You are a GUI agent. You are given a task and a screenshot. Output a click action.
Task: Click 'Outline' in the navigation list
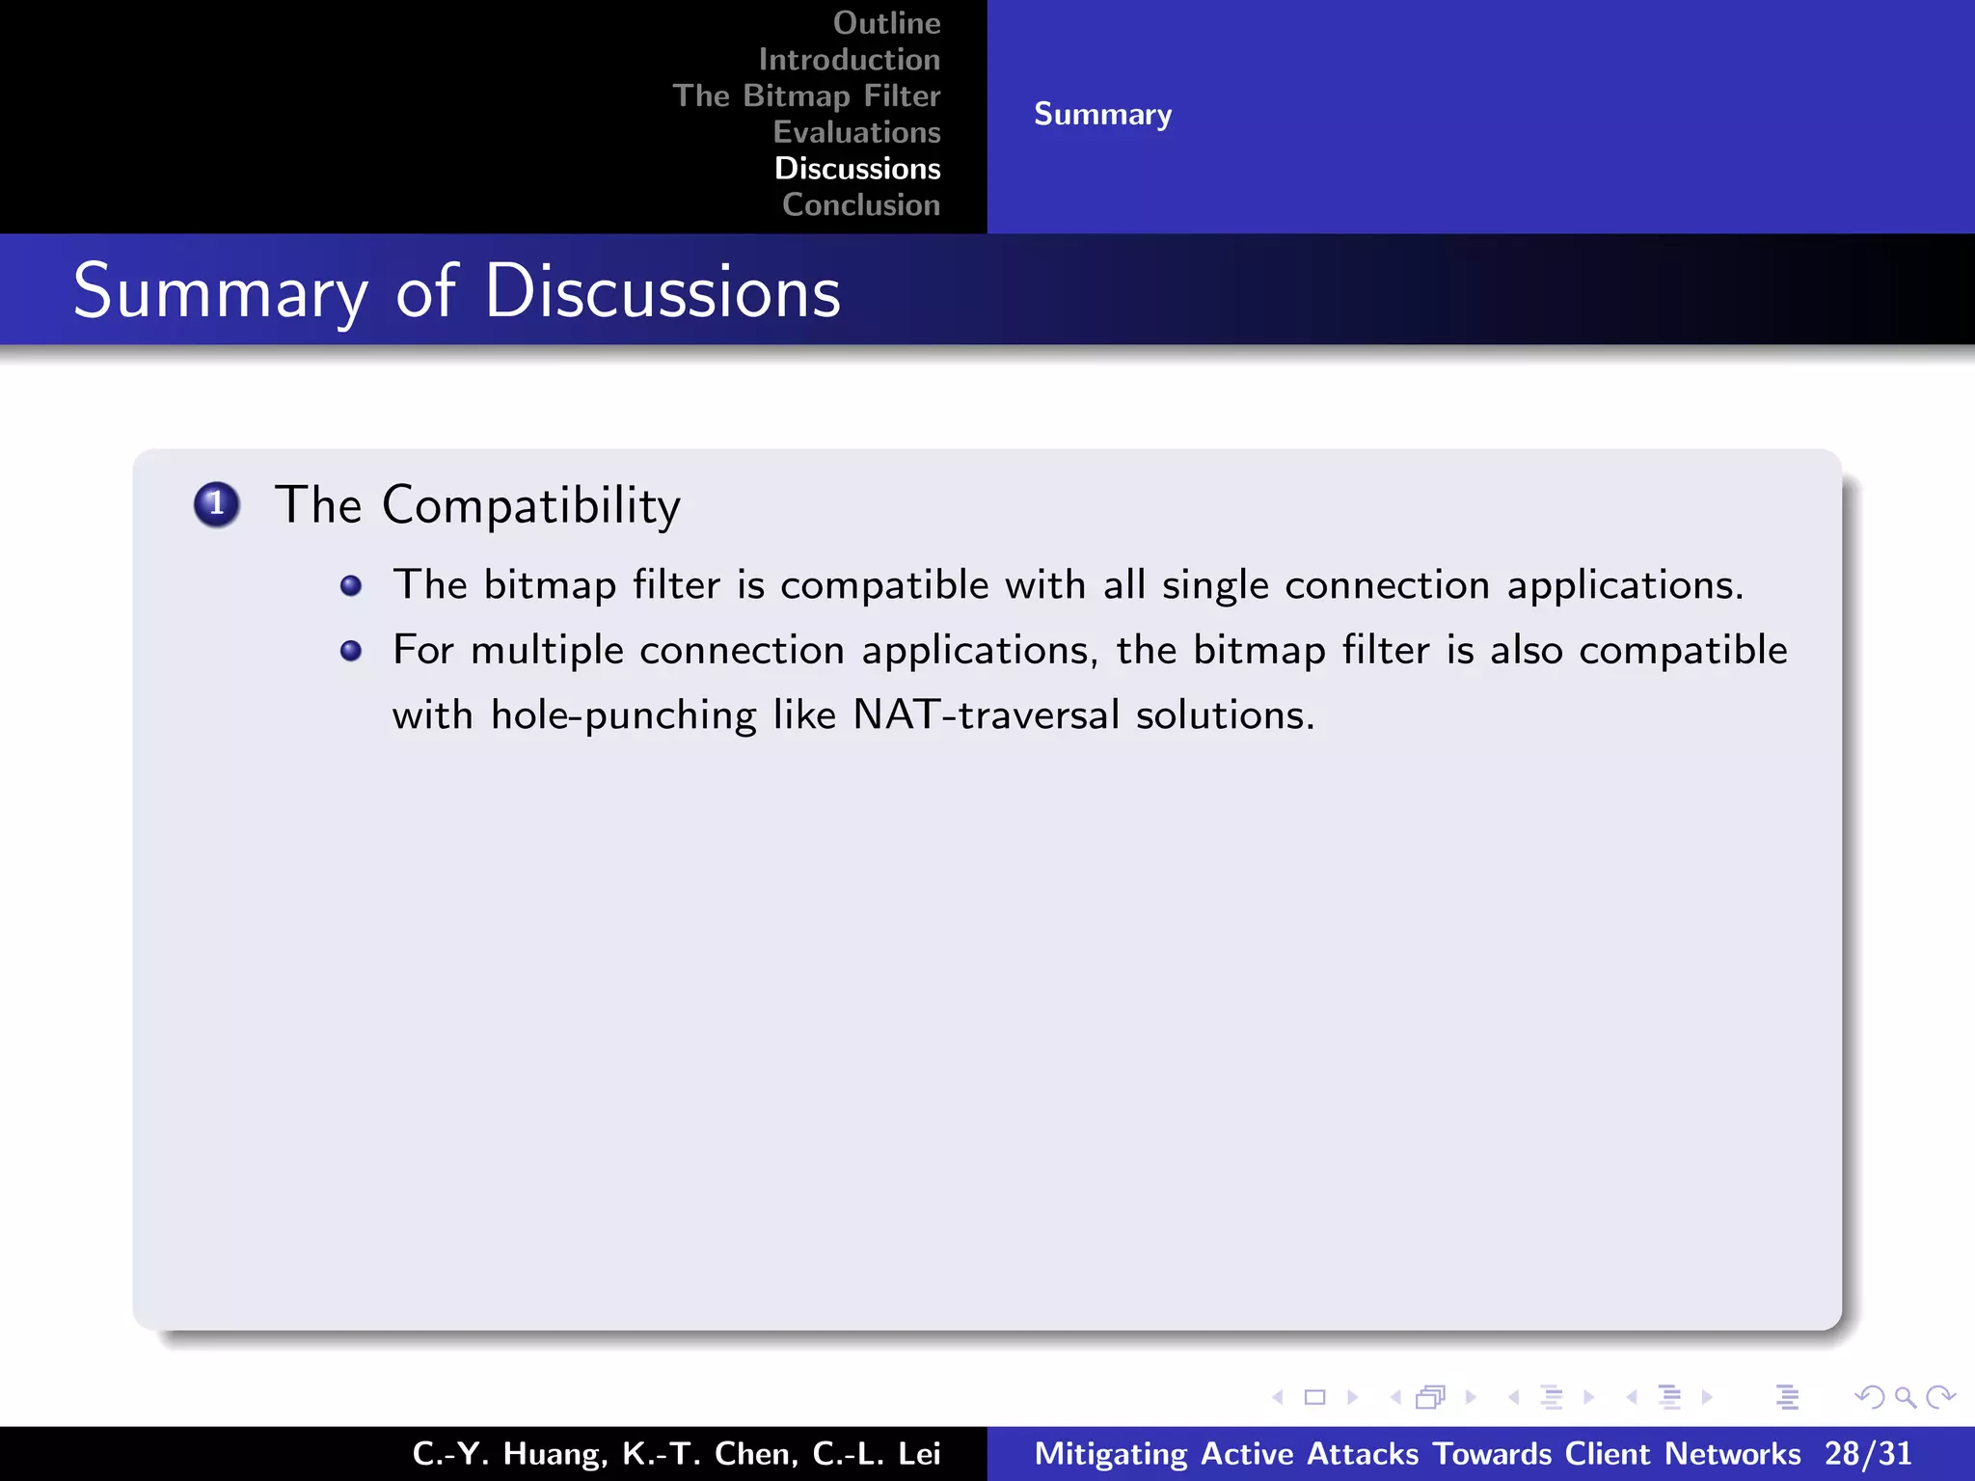(886, 23)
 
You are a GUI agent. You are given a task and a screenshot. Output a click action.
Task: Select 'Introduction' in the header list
(849, 60)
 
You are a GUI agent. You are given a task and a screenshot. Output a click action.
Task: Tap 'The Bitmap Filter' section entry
(806, 95)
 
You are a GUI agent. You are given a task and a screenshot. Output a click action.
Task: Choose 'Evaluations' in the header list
(856, 132)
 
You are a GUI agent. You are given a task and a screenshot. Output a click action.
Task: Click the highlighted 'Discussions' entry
(857, 169)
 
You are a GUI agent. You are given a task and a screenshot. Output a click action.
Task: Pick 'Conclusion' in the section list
(861, 204)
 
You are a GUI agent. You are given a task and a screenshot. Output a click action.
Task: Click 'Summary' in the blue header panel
(1102, 114)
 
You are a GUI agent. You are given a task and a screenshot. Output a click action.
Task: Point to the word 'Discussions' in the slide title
(663, 291)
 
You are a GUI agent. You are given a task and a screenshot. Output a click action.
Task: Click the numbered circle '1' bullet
(217, 504)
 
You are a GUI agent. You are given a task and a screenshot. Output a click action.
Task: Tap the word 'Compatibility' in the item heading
(531, 505)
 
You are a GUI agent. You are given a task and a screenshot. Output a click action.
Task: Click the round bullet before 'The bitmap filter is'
(351, 586)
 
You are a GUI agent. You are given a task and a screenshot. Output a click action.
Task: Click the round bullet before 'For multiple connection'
(351, 651)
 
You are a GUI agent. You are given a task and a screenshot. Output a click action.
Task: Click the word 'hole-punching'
(623, 715)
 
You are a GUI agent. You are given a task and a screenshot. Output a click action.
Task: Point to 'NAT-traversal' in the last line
(986, 714)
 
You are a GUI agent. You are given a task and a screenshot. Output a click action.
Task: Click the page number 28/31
(1867, 1453)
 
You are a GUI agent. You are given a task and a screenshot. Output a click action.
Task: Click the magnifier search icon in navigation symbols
(1904, 1396)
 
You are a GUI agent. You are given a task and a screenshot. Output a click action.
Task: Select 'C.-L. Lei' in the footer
(876, 1453)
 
